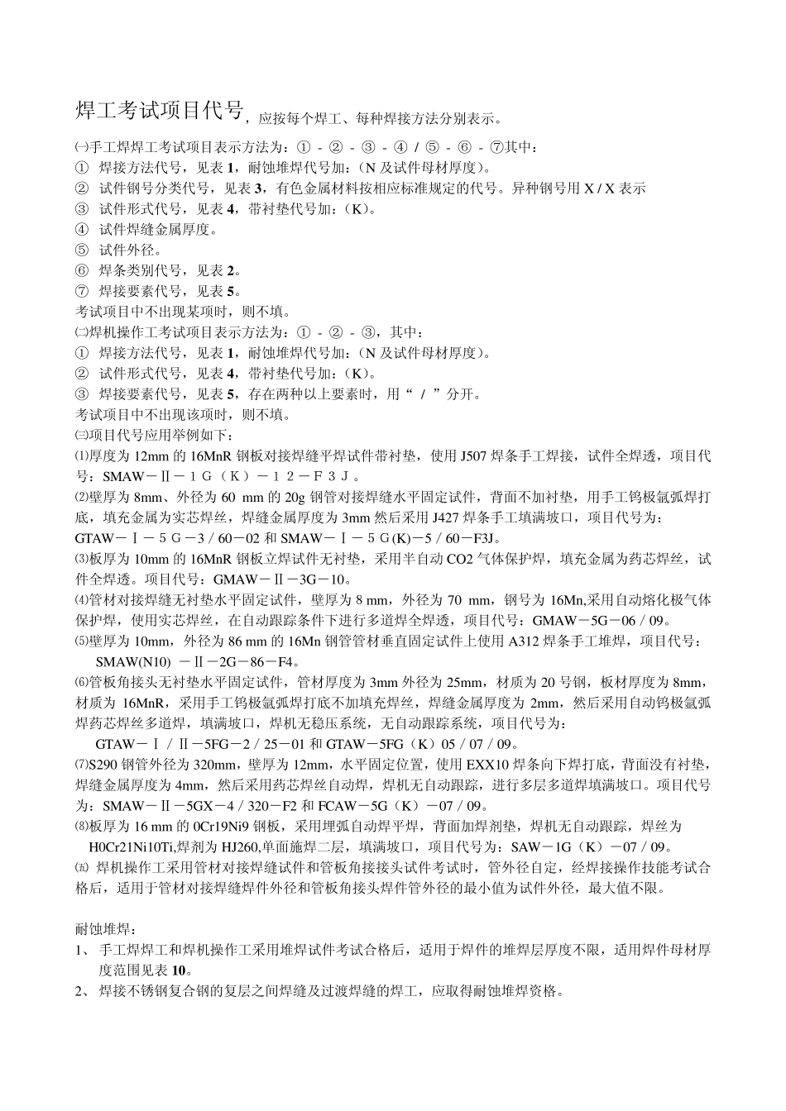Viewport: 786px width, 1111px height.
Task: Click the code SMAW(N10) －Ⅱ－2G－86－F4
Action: tap(197, 661)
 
